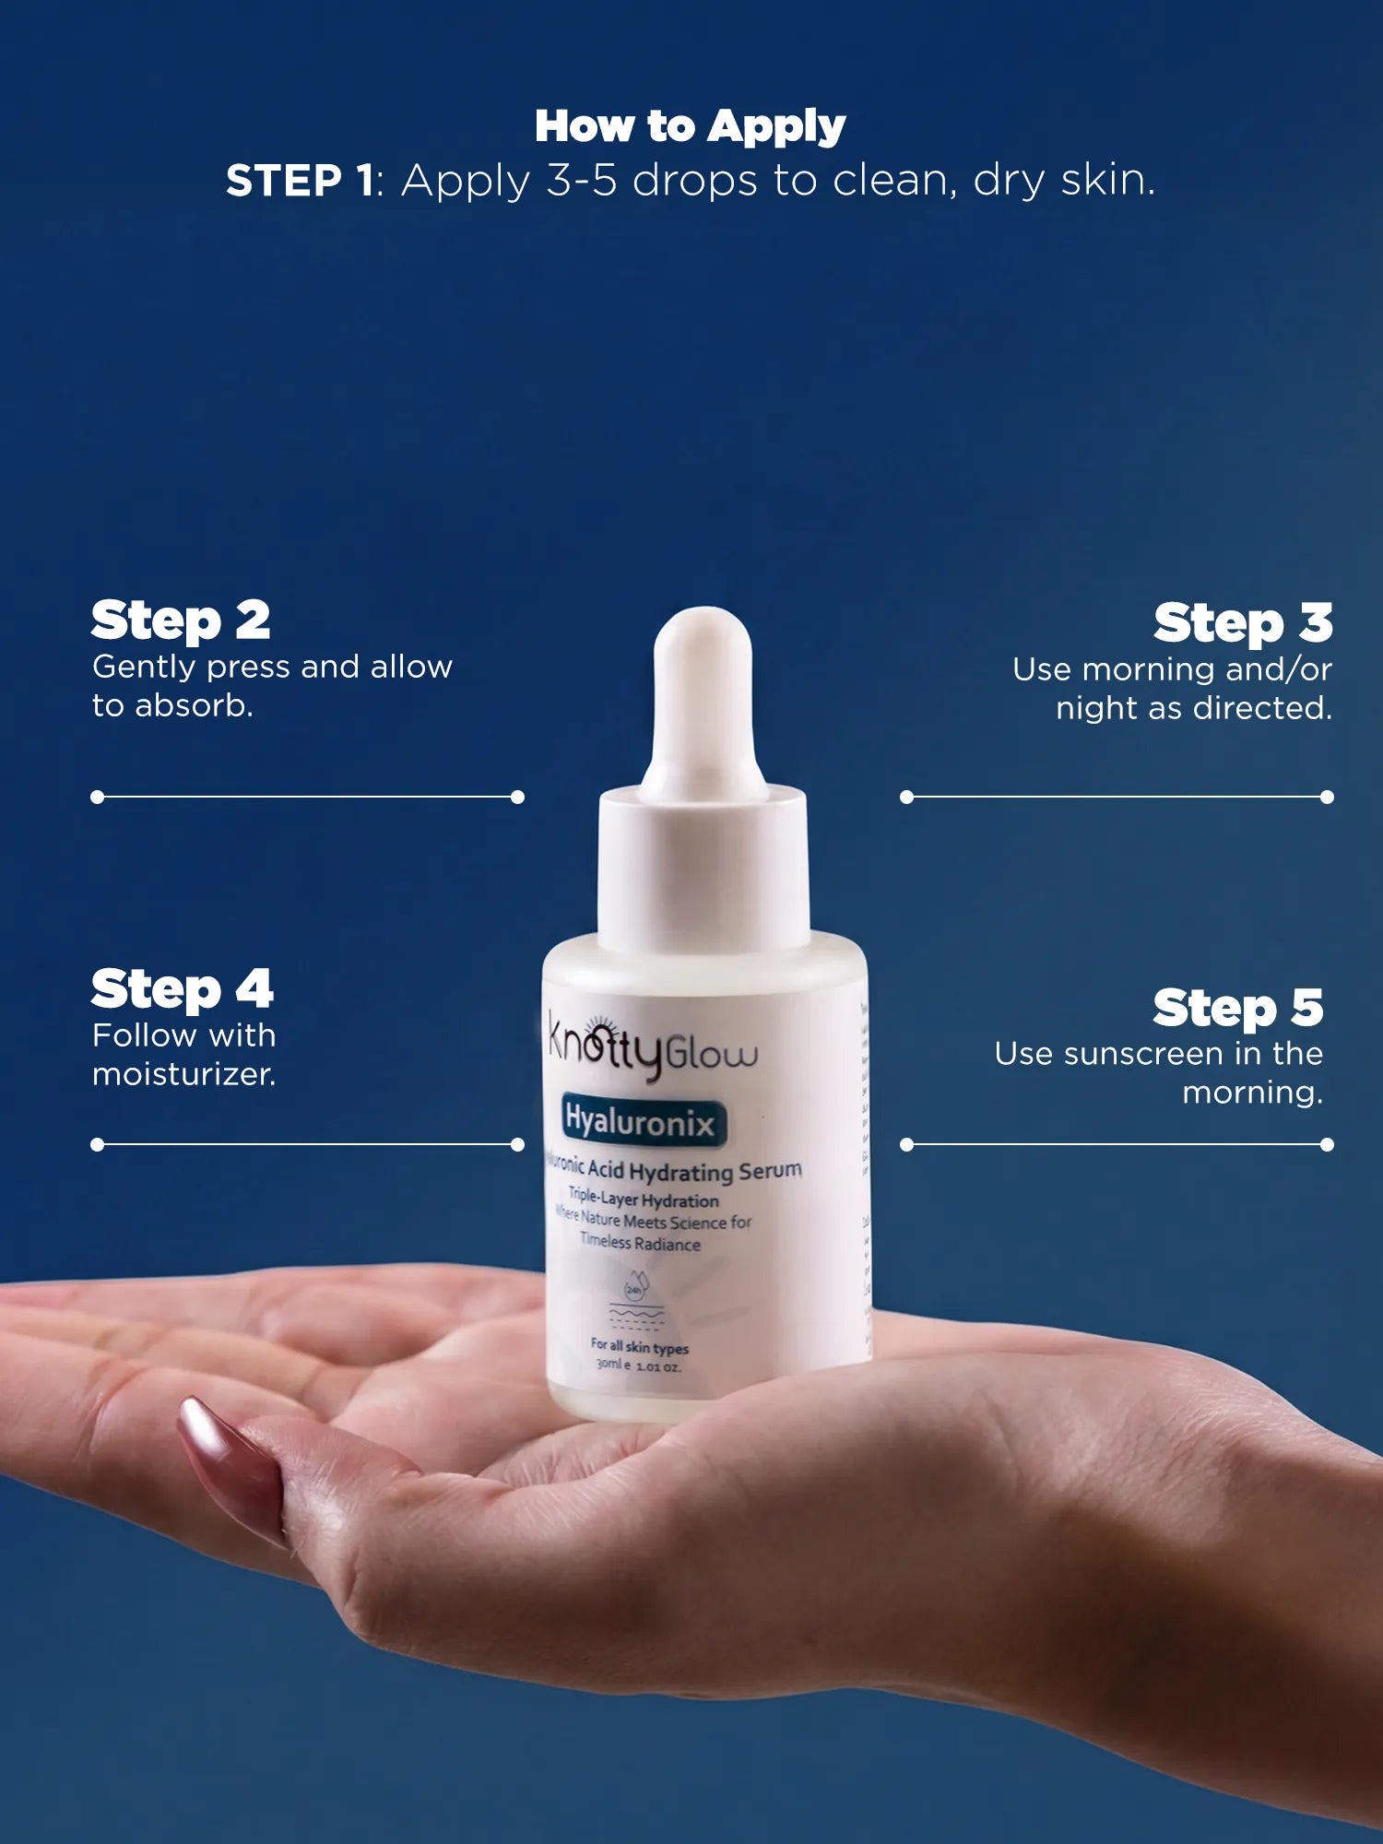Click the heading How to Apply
coord(690,126)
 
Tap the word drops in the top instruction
coord(696,181)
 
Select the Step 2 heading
coord(181,621)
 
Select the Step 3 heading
coord(1242,624)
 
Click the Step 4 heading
coord(182,989)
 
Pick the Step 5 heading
coord(1237,1008)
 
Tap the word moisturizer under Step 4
coord(183,1075)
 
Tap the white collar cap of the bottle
coord(703,867)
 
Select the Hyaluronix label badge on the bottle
coord(640,1122)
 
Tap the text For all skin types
coord(639,1347)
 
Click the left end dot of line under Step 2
coord(98,797)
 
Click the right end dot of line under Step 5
coord(1327,1144)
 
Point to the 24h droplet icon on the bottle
coord(634,1290)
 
